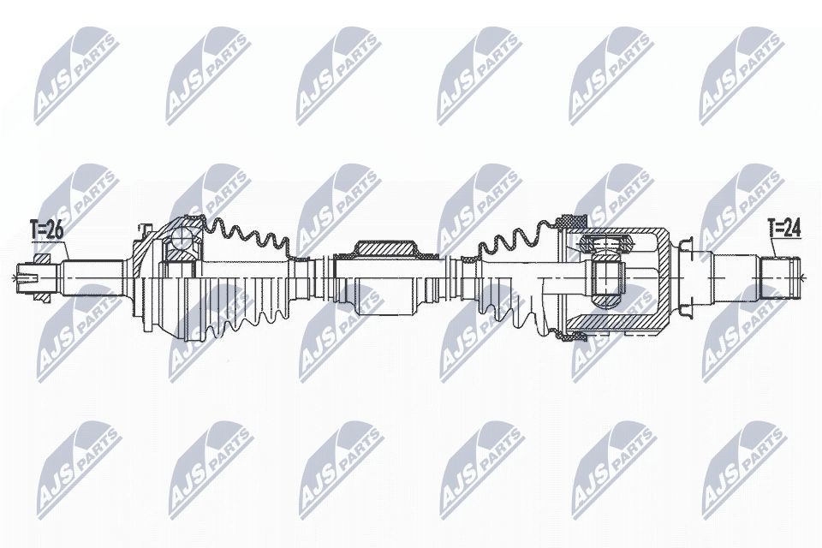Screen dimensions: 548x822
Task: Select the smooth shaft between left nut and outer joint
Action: tap(94, 276)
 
